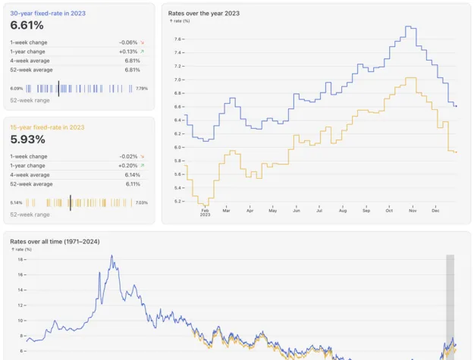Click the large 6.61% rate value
click(x=27, y=26)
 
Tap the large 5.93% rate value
click(x=27, y=139)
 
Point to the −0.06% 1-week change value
click(x=128, y=42)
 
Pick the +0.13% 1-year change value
click(x=128, y=52)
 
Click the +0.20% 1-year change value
click(x=128, y=165)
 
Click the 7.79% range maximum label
click(x=142, y=89)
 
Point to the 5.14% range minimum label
click(x=16, y=202)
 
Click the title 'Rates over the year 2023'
click(x=204, y=13)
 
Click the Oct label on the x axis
click(x=389, y=210)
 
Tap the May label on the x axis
click(x=272, y=210)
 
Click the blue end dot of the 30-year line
click(x=456, y=106)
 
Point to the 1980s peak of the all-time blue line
click(x=112, y=256)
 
